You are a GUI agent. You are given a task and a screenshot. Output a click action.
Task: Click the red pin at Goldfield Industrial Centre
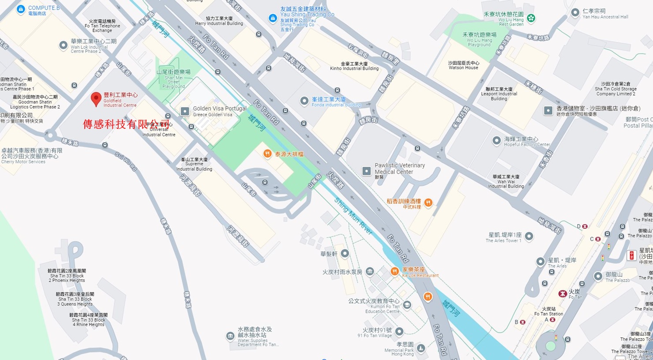(96, 99)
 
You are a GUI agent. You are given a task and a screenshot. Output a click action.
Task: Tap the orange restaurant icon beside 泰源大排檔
(267, 154)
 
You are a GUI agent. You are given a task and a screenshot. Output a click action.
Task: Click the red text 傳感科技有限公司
(126, 124)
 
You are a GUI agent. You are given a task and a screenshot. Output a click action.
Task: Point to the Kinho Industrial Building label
(354, 66)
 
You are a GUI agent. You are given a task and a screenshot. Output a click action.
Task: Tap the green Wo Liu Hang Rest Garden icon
(531, 18)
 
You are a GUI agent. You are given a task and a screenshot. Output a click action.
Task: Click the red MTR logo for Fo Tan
(562, 293)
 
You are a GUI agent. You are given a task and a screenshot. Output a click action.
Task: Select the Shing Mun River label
(353, 216)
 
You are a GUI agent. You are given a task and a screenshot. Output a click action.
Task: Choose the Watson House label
(463, 65)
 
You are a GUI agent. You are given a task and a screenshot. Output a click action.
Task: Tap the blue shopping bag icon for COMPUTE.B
(20, 9)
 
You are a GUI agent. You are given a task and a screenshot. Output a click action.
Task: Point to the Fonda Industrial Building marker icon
(304, 101)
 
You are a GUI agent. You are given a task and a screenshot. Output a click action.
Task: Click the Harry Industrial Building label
(219, 21)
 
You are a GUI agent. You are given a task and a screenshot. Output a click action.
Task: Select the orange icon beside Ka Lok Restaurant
(395, 271)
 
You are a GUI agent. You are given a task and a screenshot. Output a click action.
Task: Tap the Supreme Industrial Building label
(194, 164)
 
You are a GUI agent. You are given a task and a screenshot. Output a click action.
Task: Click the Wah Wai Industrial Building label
(506, 181)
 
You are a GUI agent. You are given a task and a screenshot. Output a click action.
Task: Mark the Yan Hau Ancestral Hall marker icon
(575, 13)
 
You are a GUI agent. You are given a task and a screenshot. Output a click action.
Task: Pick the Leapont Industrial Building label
(499, 94)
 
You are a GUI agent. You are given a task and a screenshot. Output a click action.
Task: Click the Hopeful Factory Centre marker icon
(496, 141)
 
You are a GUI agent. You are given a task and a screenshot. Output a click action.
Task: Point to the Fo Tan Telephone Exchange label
(102, 26)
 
